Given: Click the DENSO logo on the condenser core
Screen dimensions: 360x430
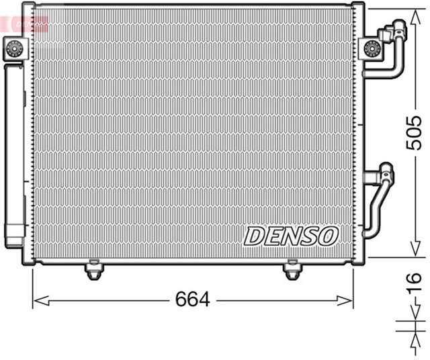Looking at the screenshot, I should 290,235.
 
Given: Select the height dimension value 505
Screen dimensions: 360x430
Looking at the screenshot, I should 416,132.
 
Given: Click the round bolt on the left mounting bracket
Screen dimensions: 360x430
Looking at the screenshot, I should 13,48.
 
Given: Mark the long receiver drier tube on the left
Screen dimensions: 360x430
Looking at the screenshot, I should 14,154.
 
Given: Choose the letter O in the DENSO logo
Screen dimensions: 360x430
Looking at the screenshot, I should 328,235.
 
